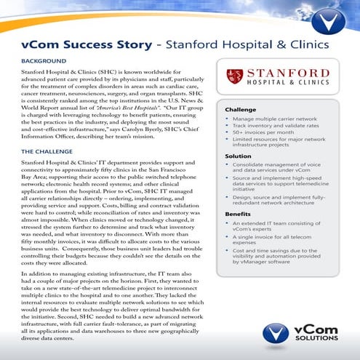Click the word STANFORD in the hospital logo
[x=288, y=73]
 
